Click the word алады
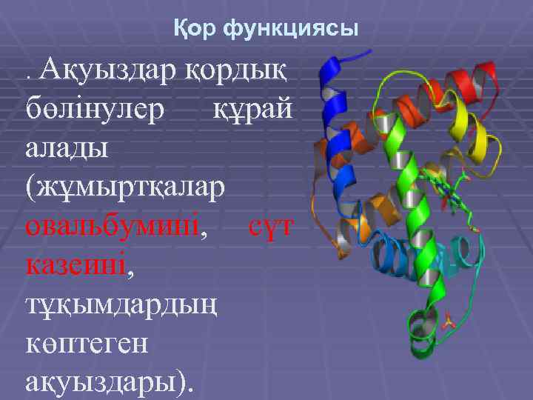coord(67,147)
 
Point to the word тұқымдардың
coord(122,304)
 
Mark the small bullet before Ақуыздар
coord(29,77)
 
